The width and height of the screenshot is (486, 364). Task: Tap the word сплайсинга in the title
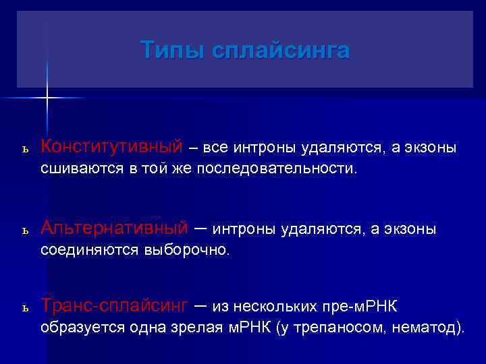click(280, 51)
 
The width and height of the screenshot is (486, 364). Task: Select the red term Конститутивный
click(111, 146)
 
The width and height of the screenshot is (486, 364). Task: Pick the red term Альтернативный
click(114, 229)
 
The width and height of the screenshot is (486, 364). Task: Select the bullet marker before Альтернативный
click(24, 231)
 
